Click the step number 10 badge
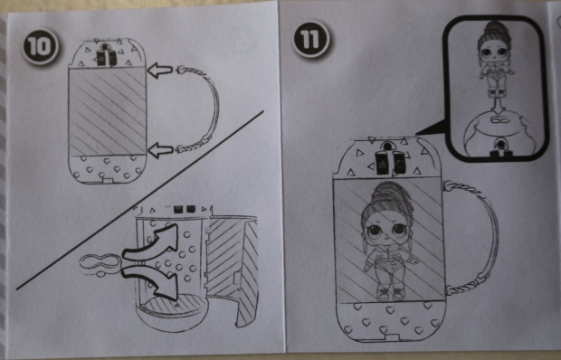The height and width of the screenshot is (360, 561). point(40,46)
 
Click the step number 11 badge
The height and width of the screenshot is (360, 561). point(310,39)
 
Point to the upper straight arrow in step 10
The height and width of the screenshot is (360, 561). point(160,71)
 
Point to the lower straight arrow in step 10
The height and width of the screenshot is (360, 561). point(160,150)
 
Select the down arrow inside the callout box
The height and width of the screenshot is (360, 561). point(497,106)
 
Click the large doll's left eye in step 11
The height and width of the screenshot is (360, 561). point(376,231)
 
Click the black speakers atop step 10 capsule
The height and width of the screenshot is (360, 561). point(106,56)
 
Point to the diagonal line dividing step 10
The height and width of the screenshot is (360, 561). point(140,200)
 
